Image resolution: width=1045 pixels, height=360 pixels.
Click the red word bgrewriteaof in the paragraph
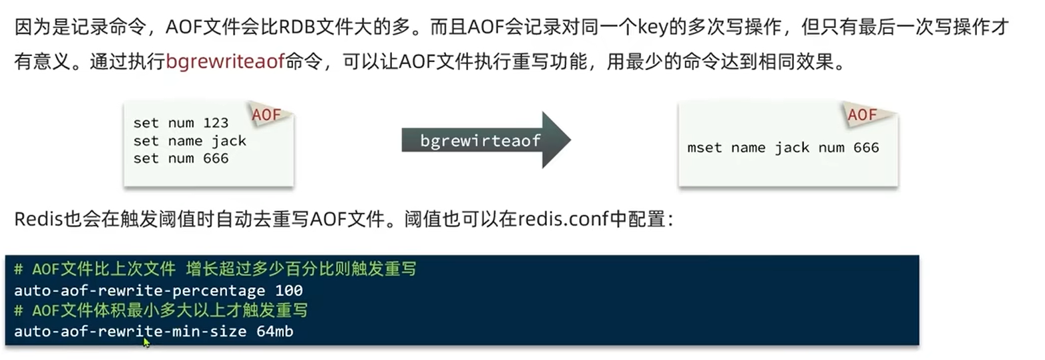click(x=225, y=63)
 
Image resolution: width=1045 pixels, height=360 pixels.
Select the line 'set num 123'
click(x=180, y=123)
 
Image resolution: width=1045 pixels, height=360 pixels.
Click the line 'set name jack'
click(x=190, y=141)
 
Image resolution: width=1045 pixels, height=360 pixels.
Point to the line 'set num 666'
click(x=180, y=158)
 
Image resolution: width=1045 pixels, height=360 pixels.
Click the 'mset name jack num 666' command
click(x=783, y=148)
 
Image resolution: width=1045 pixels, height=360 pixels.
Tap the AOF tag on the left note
click(x=266, y=116)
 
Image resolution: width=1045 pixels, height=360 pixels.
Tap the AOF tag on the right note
click(x=862, y=116)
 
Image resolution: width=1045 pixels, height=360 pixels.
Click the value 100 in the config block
click(x=289, y=291)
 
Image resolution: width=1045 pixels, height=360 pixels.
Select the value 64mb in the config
click(x=274, y=331)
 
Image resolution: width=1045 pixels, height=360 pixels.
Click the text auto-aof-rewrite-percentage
click(x=140, y=291)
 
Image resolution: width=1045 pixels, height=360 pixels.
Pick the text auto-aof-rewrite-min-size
click(x=130, y=331)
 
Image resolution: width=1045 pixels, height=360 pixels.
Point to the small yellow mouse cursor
click(x=146, y=342)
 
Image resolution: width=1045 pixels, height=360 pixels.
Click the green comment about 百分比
click(x=215, y=270)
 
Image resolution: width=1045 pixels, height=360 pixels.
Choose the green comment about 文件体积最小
click(x=160, y=311)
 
